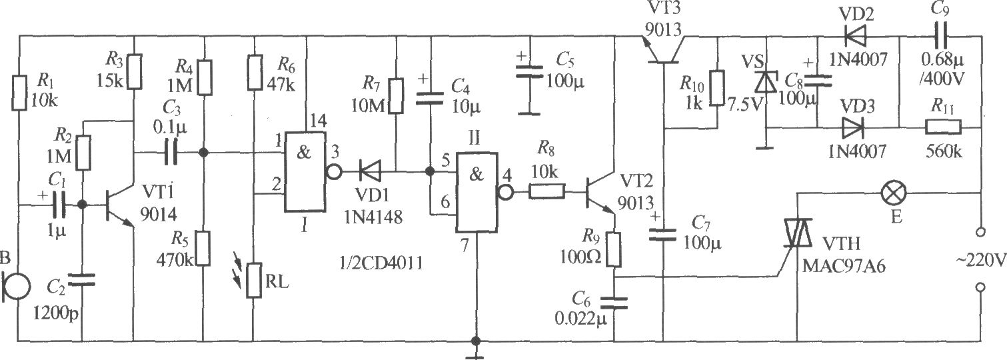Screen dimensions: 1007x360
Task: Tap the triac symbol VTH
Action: [798, 233]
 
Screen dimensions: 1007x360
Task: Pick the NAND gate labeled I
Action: [305, 172]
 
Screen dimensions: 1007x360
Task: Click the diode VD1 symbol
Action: [371, 171]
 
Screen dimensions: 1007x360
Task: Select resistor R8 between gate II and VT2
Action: [546, 192]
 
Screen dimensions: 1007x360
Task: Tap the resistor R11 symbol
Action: [943, 127]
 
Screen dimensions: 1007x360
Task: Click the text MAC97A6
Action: [844, 266]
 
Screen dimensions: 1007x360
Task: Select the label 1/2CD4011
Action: [382, 263]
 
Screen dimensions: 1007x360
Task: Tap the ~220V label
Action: [982, 260]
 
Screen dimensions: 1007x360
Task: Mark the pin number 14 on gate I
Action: [319, 121]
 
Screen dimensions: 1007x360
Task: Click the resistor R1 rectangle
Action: [19, 93]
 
